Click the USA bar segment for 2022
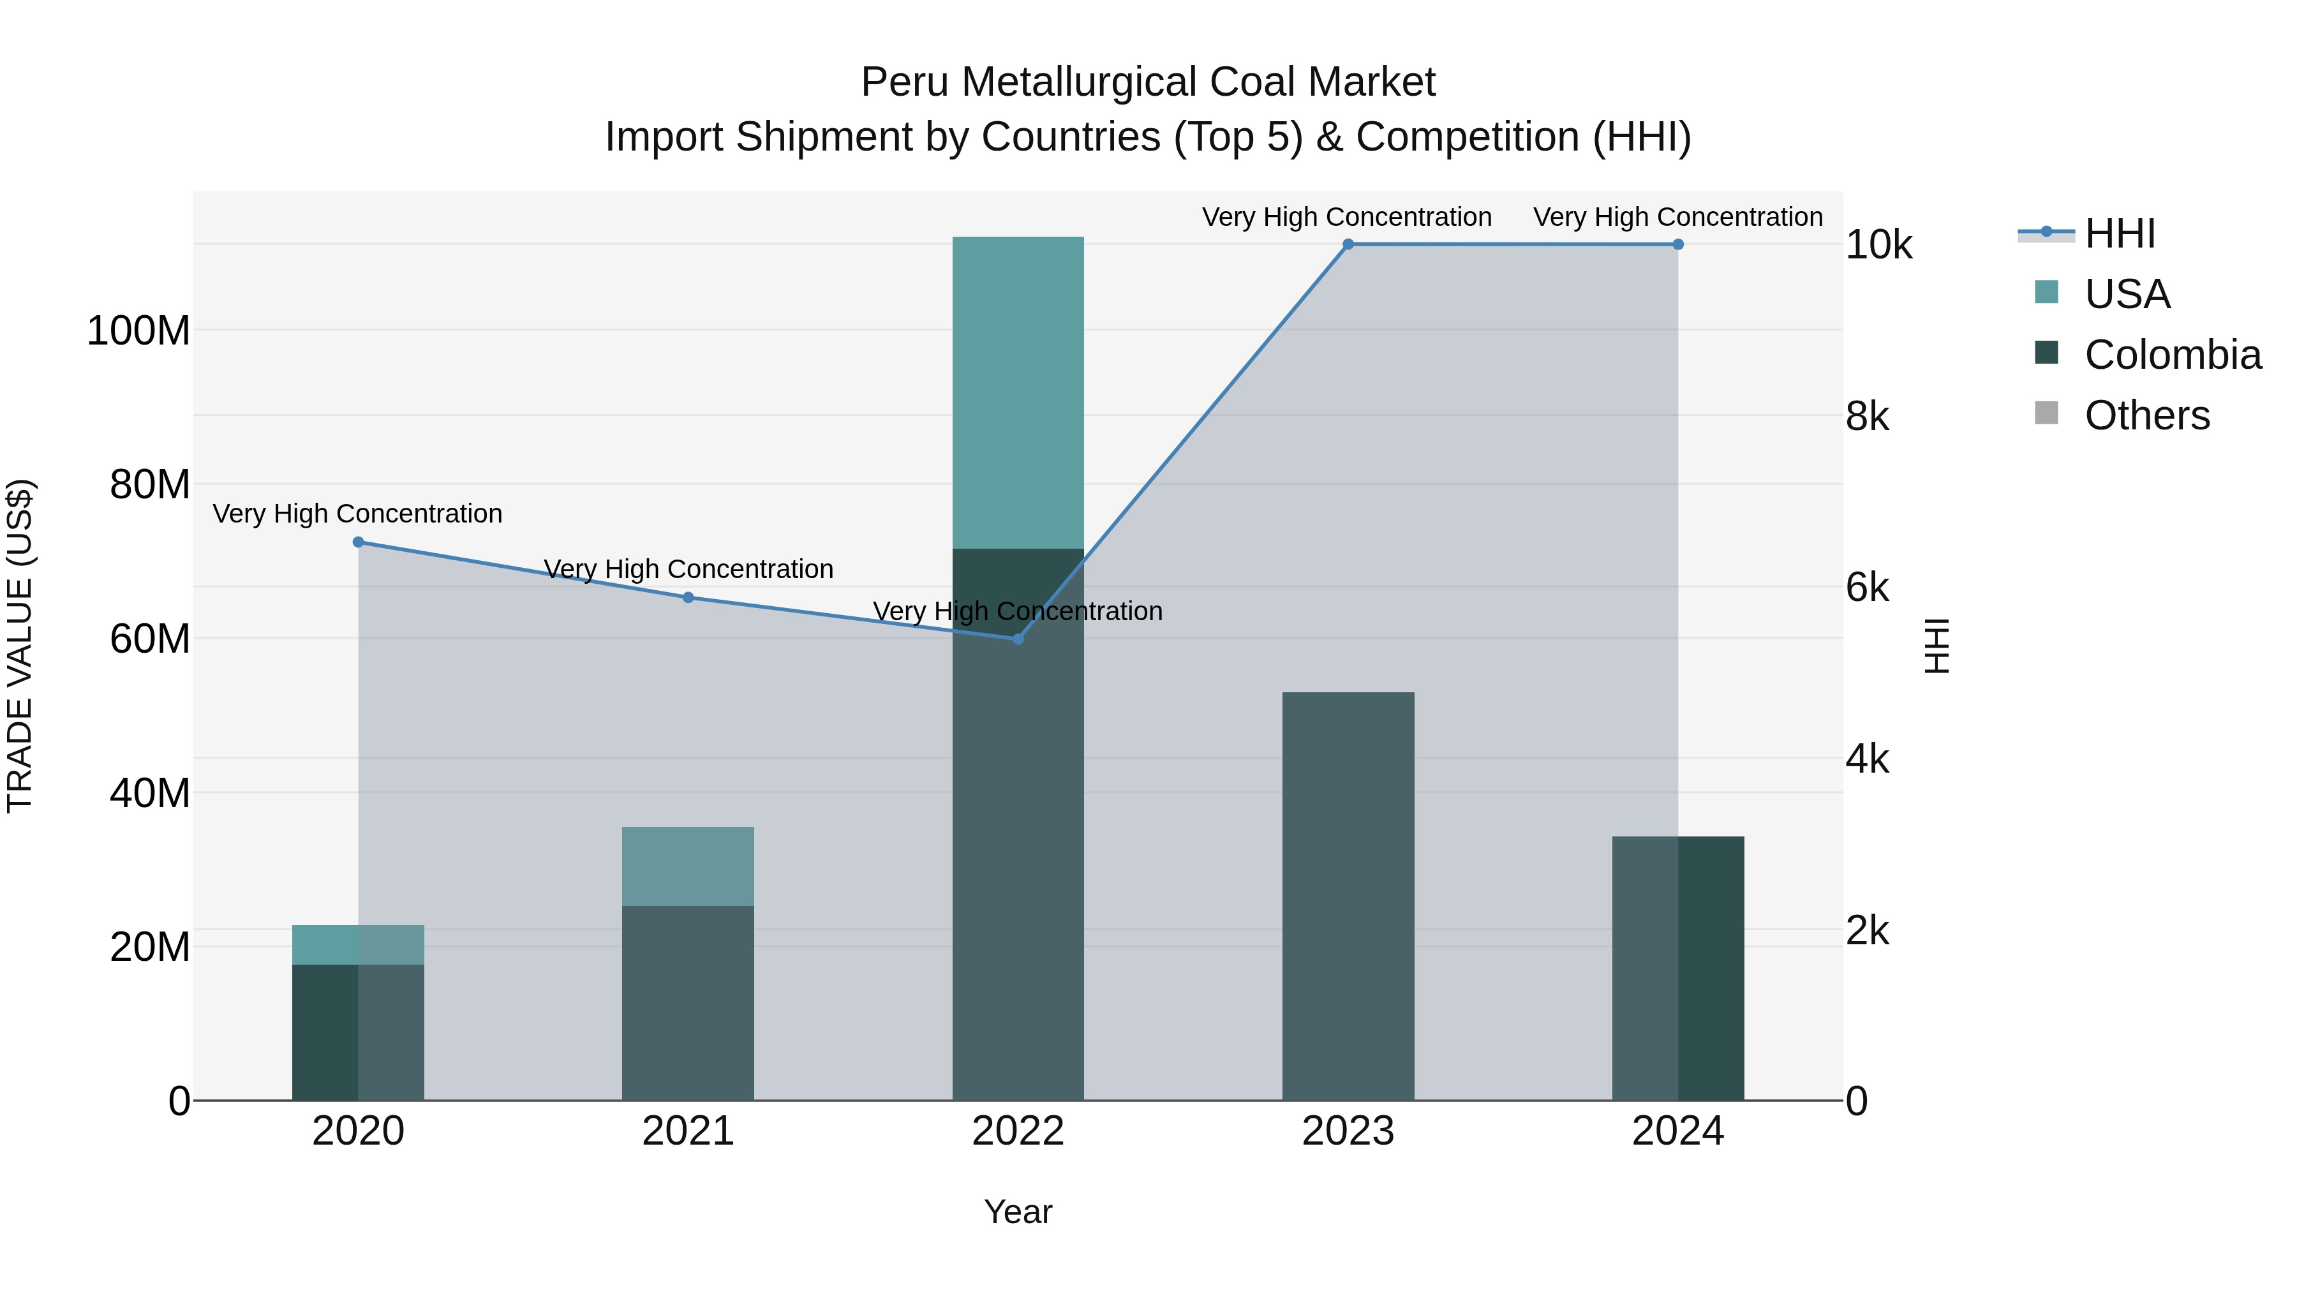coord(1018,392)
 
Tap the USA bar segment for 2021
coord(687,866)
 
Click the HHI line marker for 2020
coord(359,542)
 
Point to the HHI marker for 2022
coord(1018,639)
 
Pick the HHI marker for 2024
coord(1678,244)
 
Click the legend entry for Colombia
coord(2172,355)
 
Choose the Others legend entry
coord(2146,415)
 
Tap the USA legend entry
coord(2127,294)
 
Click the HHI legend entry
coord(2120,234)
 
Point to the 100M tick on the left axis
coord(138,330)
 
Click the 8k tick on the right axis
coord(1867,417)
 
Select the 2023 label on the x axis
coord(1348,1131)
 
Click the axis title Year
coord(1018,1212)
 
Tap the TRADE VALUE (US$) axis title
coord(20,646)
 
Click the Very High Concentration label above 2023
coord(1346,217)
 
